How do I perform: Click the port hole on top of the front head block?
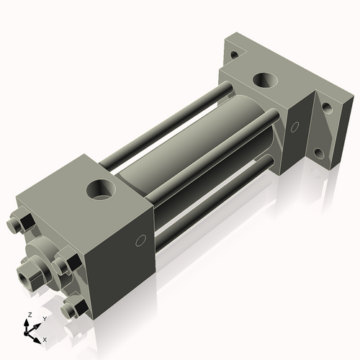pyautogui.click(x=100, y=190)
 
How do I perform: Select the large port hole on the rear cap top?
pyautogui.click(x=266, y=80)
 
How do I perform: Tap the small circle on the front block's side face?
pyautogui.click(x=141, y=240)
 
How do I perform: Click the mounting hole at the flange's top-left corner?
pyautogui.click(x=233, y=53)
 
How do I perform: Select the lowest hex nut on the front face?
pyautogui.click(x=71, y=310)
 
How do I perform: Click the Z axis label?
pyautogui.click(x=30, y=315)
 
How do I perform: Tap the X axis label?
pyautogui.click(x=45, y=338)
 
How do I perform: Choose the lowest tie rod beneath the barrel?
pyautogui.click(x=209, y=209)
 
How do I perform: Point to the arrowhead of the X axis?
pyautogui.click(x=37, y=336)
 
